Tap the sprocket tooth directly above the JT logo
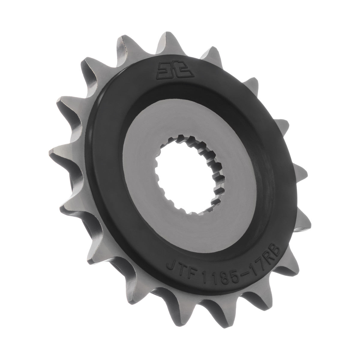[x=163, y=42]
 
